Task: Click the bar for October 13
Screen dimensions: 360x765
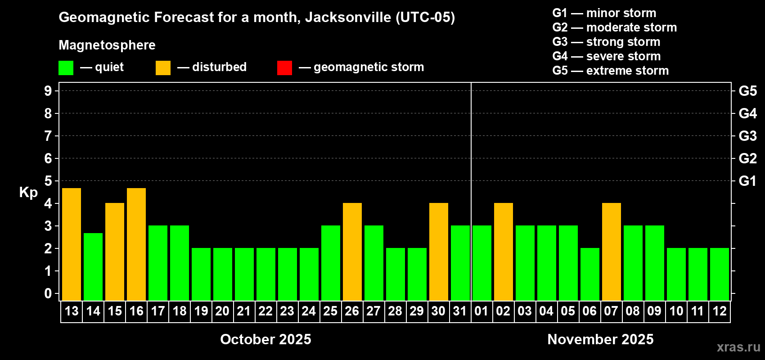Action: click(72, 244)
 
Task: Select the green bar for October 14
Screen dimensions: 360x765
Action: click(93, 267)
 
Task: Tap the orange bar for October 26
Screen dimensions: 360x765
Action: click(352, 252)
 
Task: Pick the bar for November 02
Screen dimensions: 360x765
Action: click(504, 252)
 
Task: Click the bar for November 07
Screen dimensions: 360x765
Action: click(612, 252)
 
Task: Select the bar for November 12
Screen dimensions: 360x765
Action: click(720, 274)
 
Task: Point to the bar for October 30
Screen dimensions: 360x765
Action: click(439, 252)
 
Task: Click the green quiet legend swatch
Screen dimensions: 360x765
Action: click(66, 68)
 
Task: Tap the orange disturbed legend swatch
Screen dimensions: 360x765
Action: click(163, 68)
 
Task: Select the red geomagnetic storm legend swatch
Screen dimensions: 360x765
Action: click(284, 68)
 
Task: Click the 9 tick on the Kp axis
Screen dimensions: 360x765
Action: click(48, 91)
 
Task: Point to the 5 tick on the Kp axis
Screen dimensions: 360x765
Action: click(48, 181)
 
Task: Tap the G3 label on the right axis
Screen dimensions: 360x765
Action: click(747, 136)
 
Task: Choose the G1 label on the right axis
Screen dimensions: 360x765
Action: click(747, 181)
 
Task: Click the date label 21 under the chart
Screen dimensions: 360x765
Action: click(244, 311)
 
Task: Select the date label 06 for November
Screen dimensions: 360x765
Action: click(589, 311)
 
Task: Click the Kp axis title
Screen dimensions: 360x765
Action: click(28, 192)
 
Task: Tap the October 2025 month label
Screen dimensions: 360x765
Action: click(265, 339)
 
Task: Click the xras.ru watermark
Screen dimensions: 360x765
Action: click(738, 347)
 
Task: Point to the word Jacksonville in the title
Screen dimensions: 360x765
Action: click(348, 17)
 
